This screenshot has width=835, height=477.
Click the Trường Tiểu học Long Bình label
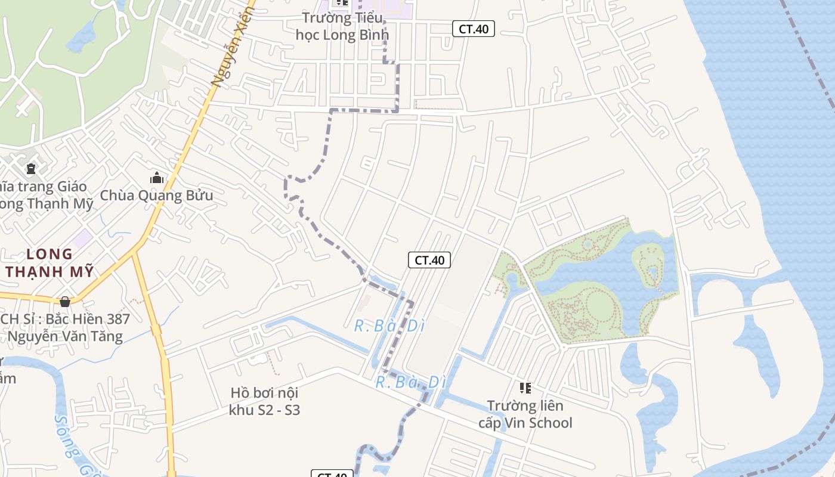pos(342,26)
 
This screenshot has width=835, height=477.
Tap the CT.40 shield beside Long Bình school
pos(474,29)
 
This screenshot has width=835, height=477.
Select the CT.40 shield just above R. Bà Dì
pos(429,260)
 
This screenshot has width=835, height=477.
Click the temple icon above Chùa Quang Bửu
pos(157,178)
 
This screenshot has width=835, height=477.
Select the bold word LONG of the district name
pos(50,254)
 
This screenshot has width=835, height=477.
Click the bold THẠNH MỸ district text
pos(50,272)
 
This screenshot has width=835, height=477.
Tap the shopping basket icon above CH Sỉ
pos(65,301)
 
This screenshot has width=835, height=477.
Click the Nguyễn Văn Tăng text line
pos(65,336)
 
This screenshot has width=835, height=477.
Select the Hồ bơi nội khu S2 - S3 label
pos(264,401)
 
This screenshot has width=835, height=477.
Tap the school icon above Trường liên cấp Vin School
pos(525,388)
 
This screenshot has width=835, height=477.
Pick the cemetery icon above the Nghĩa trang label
pos(31,169)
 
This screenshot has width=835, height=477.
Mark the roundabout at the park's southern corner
pos(564,346)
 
